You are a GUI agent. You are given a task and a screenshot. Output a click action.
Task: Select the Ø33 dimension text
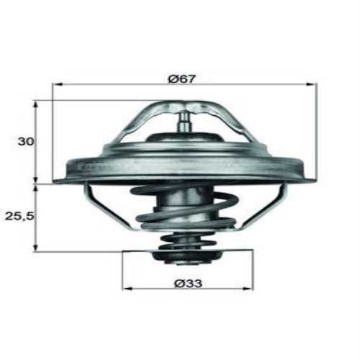pos(188,283)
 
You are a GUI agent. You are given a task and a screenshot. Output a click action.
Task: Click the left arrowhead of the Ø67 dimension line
pos(55,84)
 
